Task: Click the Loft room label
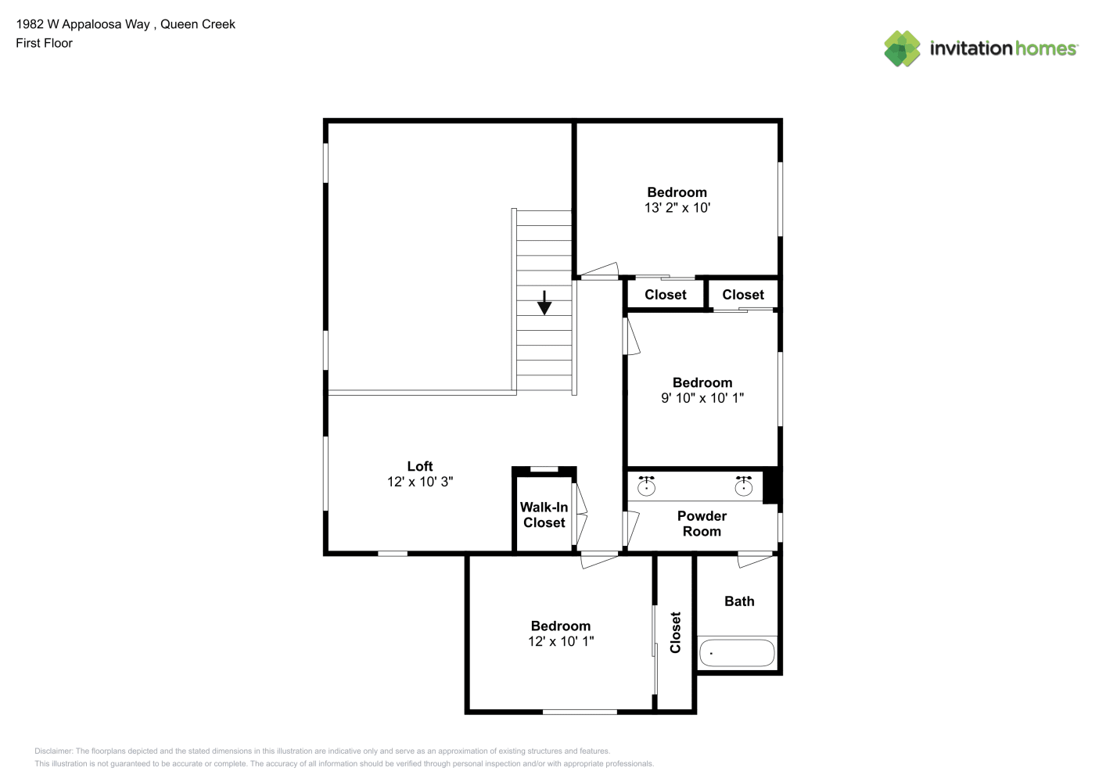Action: point(420,466)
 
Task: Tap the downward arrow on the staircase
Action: point(544,303)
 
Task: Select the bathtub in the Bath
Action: point(737,653)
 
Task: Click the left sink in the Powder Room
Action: point(646,486)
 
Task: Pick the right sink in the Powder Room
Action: point(744,486)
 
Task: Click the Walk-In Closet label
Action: point(544,515)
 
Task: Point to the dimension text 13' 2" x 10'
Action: point(677,208)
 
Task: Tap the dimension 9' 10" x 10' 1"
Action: point(702,398)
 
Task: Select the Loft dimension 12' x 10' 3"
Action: point(420,482)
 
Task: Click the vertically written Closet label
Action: point(676,633)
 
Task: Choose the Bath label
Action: point(739,601)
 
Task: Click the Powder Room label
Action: point(702,524)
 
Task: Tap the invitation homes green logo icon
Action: point(902,48)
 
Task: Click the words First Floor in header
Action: point(44,43)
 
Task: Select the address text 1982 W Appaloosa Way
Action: point(83,24)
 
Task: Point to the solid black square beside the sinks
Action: point(770,487)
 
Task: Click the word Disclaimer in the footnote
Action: point(53,751)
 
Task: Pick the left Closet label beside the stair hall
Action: point(665,295)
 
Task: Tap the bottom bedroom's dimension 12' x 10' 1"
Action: point(561,641)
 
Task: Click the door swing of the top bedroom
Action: point(598,270)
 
